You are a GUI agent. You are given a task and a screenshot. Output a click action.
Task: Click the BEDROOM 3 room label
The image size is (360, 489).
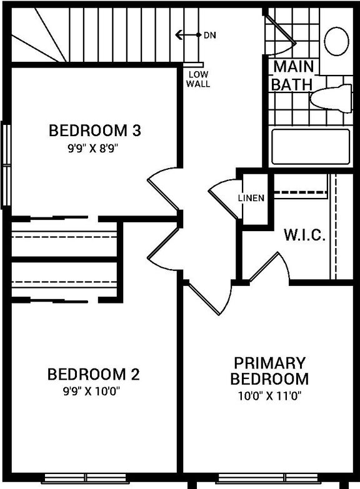point(95,131)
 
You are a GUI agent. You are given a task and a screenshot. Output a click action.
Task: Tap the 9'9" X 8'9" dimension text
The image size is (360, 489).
point(95,149)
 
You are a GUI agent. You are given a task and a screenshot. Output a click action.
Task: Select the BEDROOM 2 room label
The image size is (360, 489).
point(94,375)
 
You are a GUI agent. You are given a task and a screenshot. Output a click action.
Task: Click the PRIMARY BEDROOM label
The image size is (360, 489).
point(269,371)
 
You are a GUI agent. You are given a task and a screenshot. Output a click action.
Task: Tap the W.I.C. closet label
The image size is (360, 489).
point(304,235)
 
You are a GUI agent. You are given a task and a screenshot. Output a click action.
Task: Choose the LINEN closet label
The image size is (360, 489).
point(251,198)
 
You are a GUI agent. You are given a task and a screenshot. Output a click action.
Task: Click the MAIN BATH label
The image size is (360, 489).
point(291,75)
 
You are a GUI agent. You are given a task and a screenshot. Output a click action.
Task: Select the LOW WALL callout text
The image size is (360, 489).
point(198,79)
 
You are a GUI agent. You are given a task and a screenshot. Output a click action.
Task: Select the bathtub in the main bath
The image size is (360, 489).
point(310,147)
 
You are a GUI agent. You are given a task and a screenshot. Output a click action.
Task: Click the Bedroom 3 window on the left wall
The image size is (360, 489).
point(6,164)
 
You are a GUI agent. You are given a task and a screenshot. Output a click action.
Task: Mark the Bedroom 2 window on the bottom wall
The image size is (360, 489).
point(85,479)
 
